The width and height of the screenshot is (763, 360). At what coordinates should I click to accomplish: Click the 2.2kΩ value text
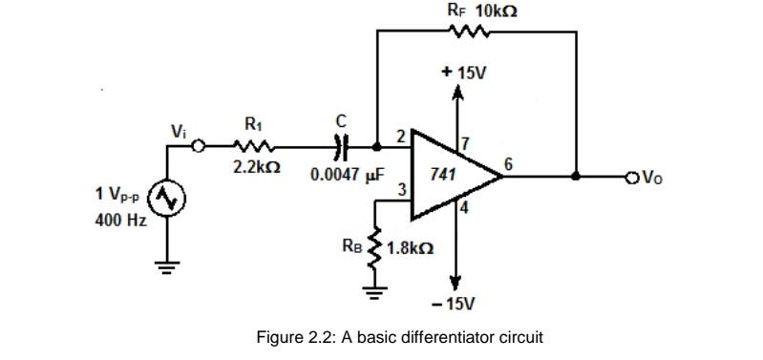(256, 167)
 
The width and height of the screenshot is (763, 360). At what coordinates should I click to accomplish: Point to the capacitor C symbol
(340, 147)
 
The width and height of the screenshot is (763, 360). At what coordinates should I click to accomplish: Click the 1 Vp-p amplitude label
(118, 194)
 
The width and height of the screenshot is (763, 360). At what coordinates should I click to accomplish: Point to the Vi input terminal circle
(199, 147)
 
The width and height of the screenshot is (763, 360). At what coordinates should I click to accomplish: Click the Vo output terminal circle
(629, 176)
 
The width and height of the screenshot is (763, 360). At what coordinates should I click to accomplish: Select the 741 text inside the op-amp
(441, 176)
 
